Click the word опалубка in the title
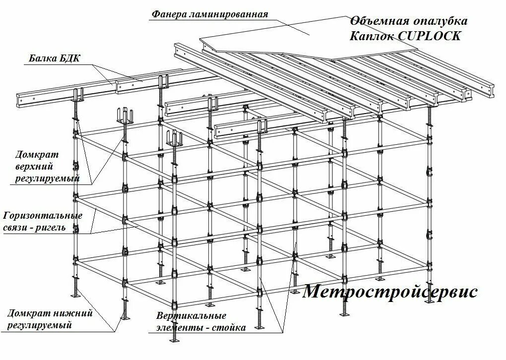[440, 21]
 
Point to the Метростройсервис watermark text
[390, 291]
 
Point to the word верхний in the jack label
[34, 167]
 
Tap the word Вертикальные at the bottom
[191, 316]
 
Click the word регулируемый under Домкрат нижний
[39, 325]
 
